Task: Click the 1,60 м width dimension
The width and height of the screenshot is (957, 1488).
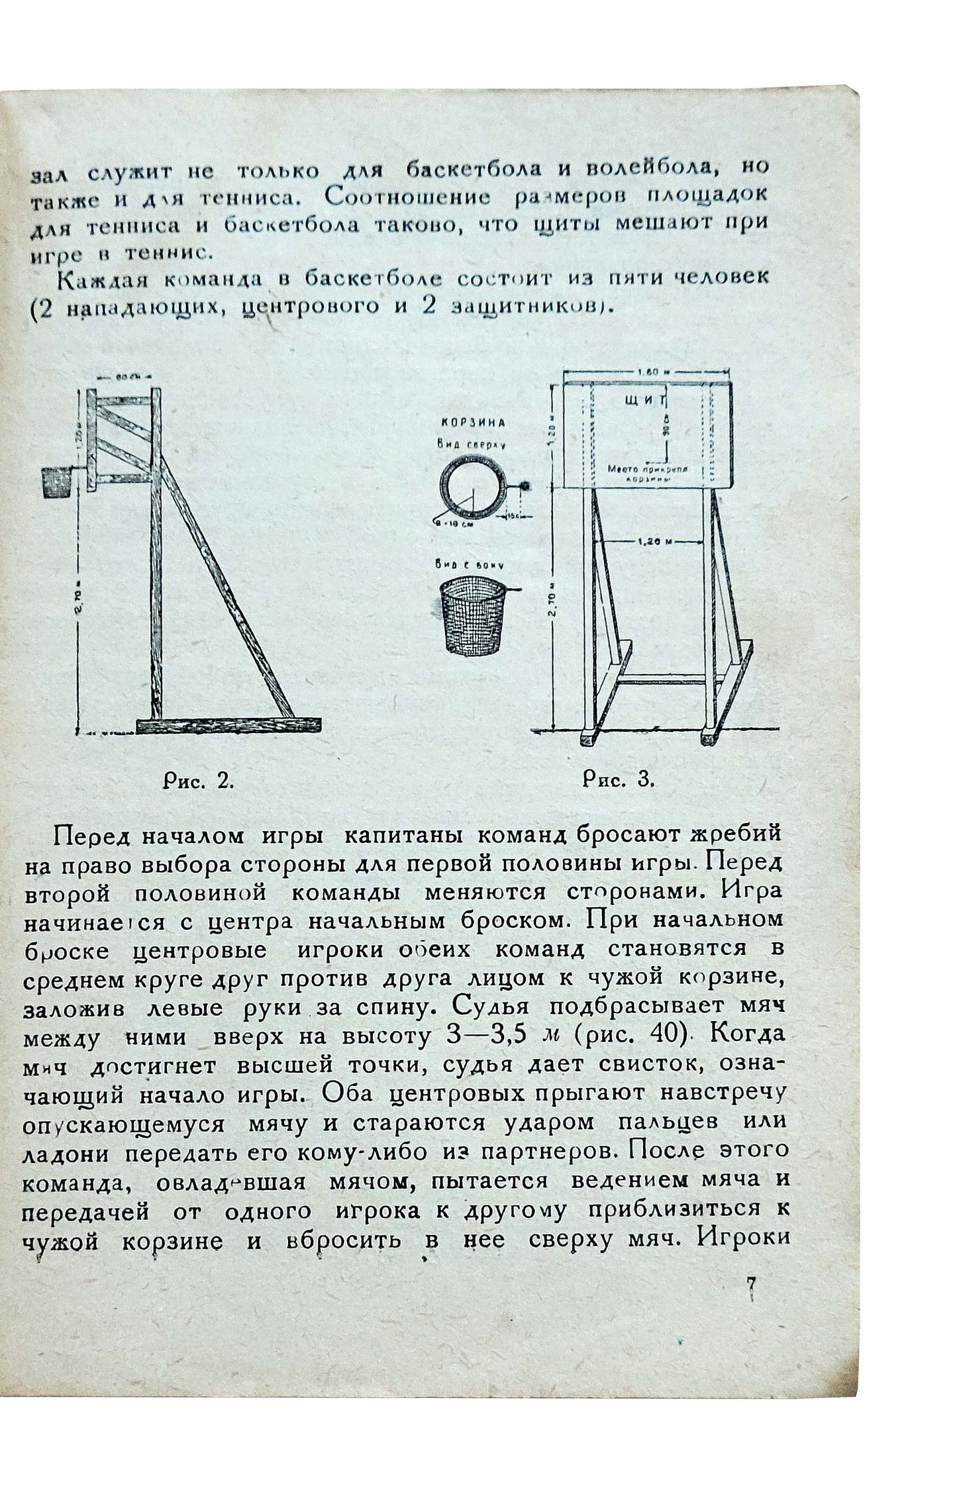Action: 646,373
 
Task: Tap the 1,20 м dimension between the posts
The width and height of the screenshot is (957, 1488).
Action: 647,541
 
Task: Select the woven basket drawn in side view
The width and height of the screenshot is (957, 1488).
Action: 471,623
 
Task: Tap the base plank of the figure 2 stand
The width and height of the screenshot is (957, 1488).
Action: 228,724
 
